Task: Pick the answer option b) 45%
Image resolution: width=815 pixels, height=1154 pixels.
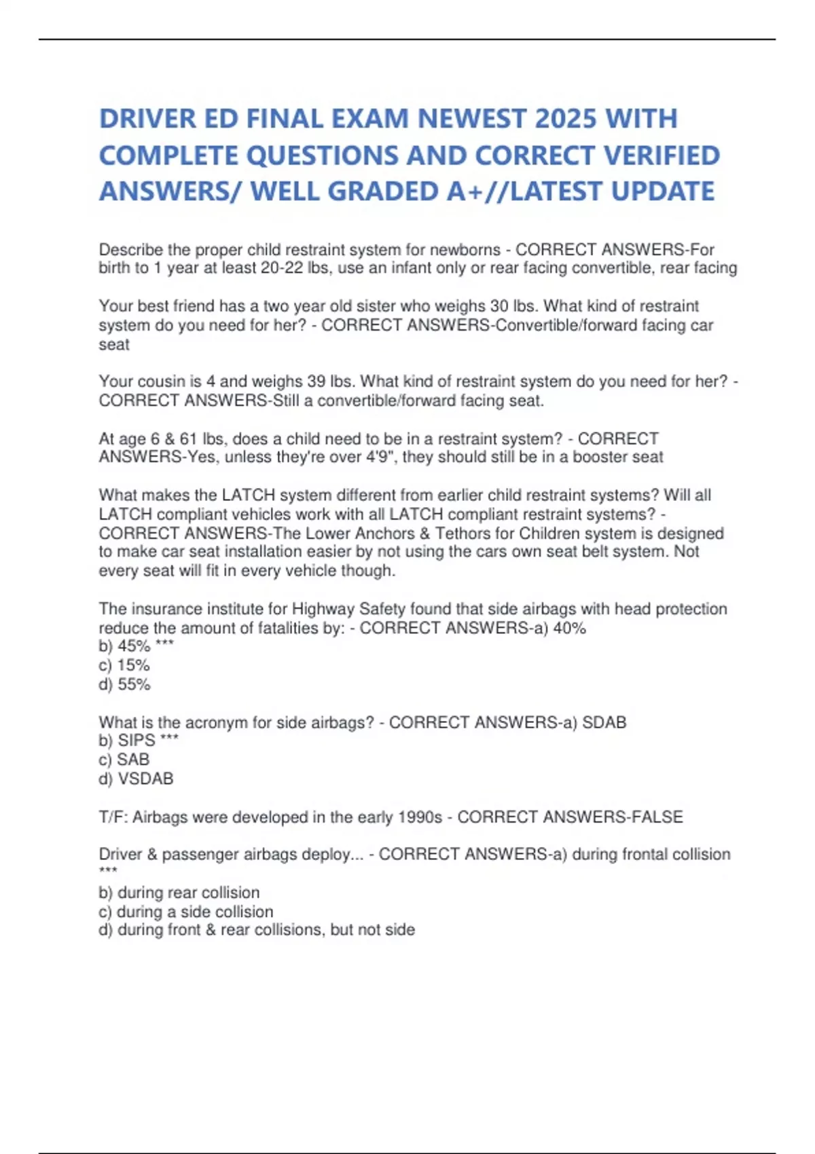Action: (125, 646)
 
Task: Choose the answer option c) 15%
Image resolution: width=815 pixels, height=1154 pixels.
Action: (124, 665)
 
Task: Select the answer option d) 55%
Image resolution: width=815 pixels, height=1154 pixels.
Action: (125, 684)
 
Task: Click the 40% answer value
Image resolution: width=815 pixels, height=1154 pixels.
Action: (569, 628)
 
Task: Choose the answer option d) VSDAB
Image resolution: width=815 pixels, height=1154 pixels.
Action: (137, 779)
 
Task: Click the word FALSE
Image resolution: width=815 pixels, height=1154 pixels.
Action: (657, 817)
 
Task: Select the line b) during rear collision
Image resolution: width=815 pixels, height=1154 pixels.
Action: (179, 893)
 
